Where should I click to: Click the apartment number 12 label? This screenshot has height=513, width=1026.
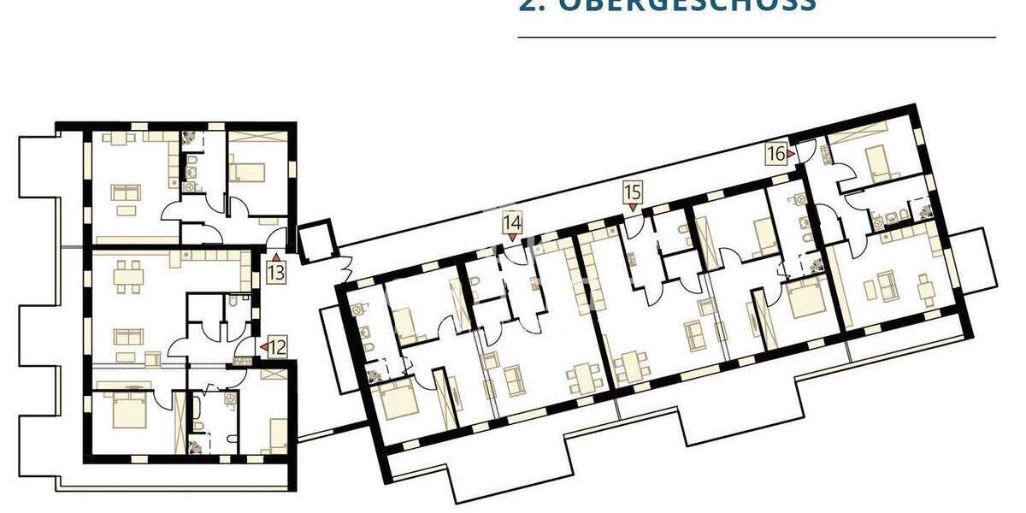point(278,347)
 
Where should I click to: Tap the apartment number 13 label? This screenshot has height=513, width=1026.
point(275,274)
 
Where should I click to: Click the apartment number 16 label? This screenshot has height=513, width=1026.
point(775,154)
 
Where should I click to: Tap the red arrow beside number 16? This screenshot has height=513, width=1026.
point(791,154)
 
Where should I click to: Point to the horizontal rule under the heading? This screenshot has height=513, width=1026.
point(757,38)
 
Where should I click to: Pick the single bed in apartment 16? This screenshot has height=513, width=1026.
point(877,160)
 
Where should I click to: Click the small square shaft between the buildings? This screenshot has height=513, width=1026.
point(314,240)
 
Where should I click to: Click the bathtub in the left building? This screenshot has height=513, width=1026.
point(197,410)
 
